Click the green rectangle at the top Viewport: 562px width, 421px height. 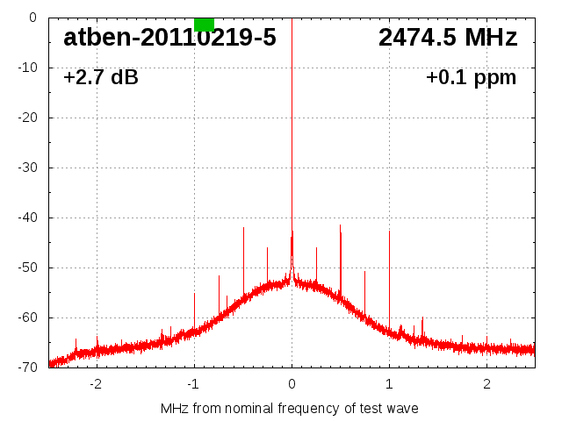tap(204, 24)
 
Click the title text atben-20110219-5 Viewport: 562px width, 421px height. tap(169, 38)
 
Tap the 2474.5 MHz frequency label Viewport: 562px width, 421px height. tap(448, 38)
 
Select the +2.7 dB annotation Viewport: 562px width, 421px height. tap(101, 78)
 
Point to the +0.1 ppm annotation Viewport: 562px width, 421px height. tap(472, 78)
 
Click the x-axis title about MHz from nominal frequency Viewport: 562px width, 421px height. tap(290, 409)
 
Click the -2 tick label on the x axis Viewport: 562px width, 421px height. tap(96, 384)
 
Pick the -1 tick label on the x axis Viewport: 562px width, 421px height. tap(193, 384)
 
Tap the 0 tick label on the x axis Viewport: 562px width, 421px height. tap(292, 384)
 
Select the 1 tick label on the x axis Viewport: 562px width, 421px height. tap(389, 384)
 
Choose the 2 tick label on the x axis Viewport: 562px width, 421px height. tap(486, 384)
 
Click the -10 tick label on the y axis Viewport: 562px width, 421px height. tap(27, 68)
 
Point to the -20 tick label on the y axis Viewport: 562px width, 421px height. tap(27, 118)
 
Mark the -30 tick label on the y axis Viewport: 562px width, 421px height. tap(27, 168)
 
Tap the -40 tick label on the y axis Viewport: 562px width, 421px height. tap(27, 218)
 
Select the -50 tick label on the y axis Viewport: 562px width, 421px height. tap(27, 268)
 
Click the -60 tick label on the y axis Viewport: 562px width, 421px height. tap(27, 318)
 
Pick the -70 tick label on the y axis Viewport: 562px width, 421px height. tap(27, 367)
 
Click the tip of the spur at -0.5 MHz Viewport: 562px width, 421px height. tap(243, 227)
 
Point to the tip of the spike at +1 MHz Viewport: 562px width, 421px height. tap(389, 231)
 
